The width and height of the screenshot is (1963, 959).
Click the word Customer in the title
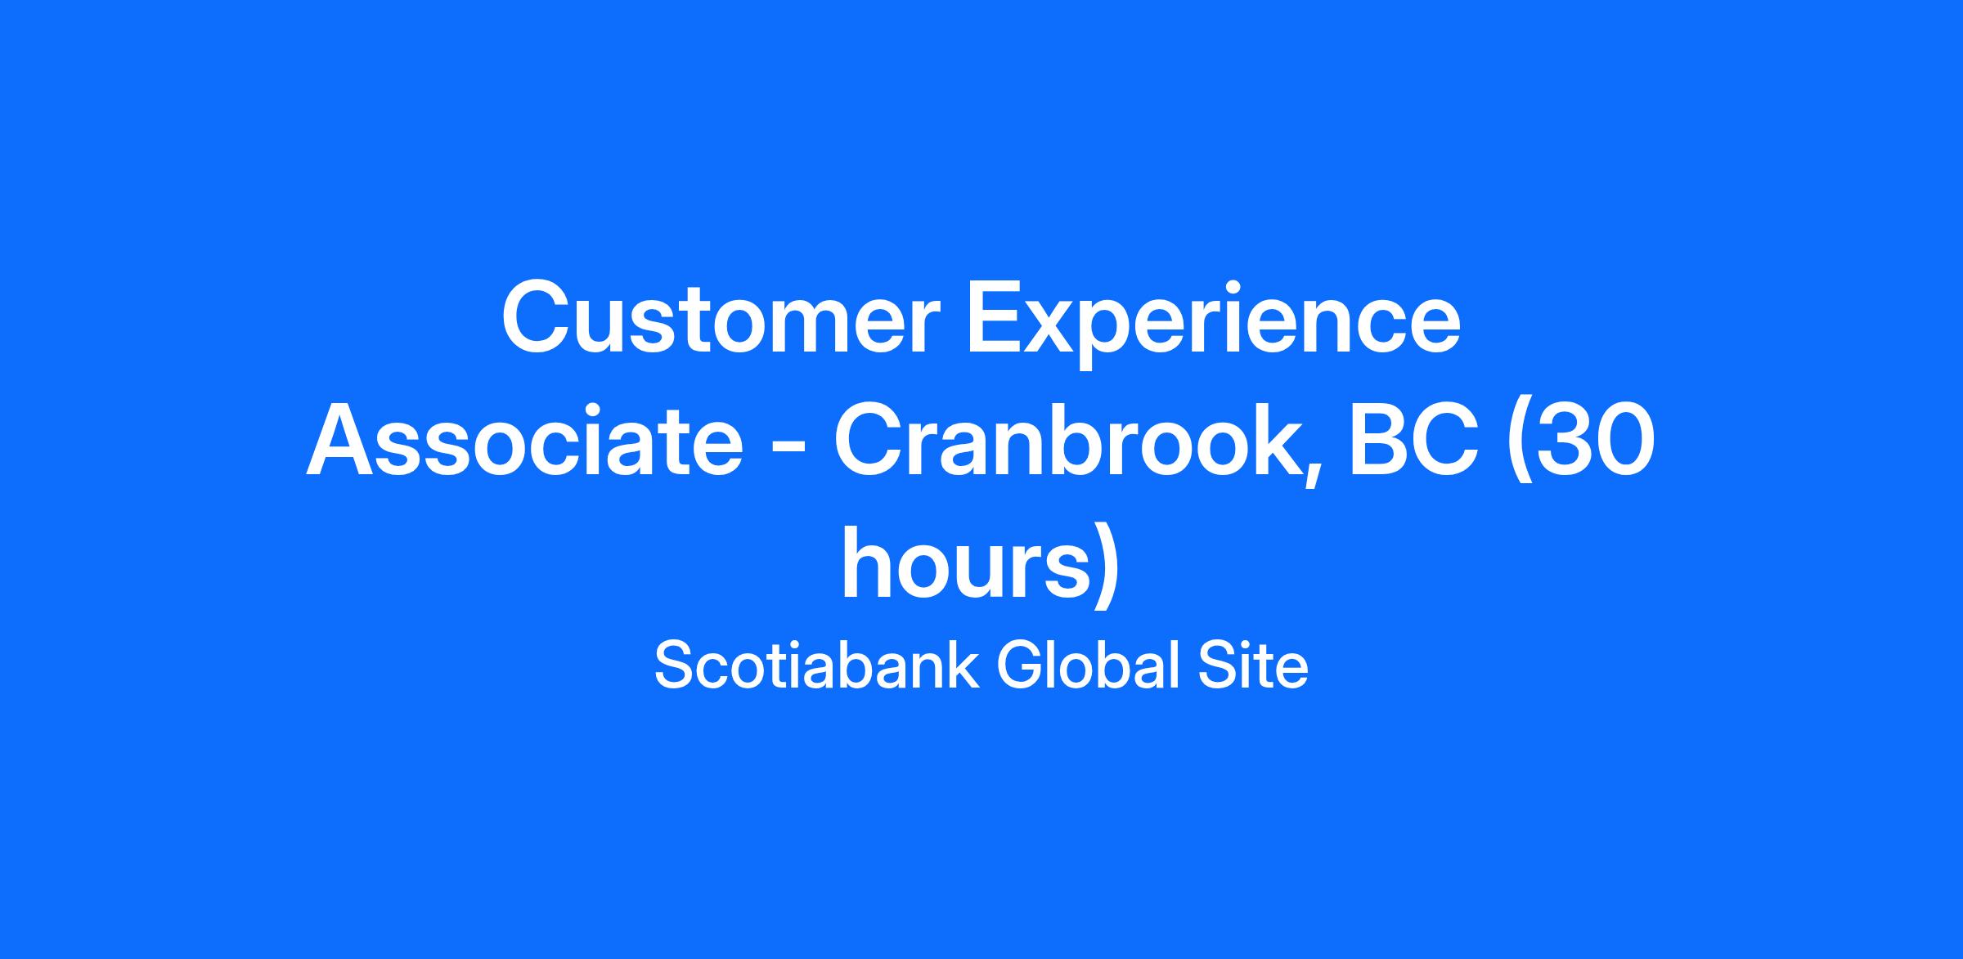tap(721, 320)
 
